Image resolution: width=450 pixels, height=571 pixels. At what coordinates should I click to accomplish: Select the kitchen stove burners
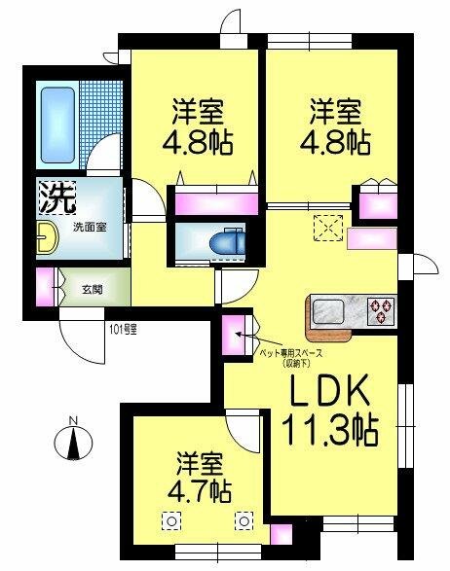(380, 311)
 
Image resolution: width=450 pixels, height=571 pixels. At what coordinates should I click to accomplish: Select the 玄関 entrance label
(92, 288)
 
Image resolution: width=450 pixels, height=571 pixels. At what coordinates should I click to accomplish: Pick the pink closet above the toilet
(215, 204)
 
